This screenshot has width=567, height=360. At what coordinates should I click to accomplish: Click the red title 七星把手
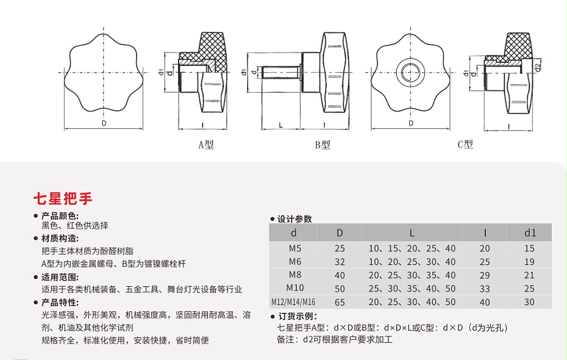tap(63, 198)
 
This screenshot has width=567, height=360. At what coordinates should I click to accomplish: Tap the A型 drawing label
tap(206, 145)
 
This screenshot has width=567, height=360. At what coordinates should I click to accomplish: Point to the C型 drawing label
tap(465, 145)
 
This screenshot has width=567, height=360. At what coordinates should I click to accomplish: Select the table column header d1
tap(529, 232)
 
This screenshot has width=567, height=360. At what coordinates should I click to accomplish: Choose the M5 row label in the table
tap(295, 248)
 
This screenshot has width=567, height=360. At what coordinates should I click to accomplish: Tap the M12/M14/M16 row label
tap(295, 302)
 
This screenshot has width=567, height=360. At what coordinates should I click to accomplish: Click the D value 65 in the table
tap(340, 302)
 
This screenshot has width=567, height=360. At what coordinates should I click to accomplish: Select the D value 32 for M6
tap(340, 262)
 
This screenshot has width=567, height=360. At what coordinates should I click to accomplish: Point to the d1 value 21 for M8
tap(529, 275)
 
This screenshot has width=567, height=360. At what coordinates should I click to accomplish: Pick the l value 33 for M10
tap(485, 289)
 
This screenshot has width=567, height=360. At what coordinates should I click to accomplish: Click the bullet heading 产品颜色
tap(60, 215)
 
